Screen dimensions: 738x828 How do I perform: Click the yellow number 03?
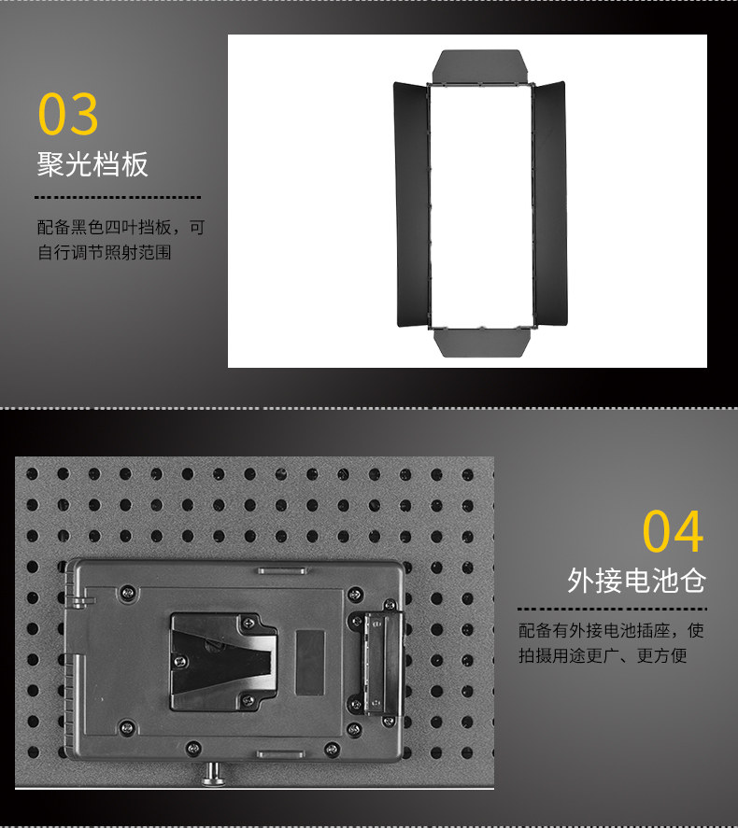pos(68,114)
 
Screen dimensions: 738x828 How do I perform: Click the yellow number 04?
pos(673,531)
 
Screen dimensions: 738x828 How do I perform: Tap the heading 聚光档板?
pos(92,164)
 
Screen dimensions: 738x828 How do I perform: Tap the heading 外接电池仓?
pos(636,581)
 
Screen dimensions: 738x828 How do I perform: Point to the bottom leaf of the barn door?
pos(482,343)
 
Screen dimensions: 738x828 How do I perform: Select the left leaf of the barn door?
pos(412,204)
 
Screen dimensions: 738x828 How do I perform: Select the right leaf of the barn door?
pos(549,203)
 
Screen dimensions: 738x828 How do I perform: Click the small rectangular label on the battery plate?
pos(309,662)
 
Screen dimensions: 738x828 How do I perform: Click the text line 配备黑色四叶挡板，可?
pos(121,228)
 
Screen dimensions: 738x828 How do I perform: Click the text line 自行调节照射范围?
pos(104,252)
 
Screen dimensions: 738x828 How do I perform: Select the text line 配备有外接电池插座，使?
pos(611,630)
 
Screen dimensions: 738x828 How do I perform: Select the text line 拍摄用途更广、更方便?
pos(603,656)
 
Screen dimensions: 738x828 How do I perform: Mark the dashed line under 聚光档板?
pos(118,198)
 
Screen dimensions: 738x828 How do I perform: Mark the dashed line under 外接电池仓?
pos(612,609)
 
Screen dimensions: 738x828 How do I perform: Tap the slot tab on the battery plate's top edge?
pos(282,571)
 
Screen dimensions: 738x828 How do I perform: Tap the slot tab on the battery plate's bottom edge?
pos(280,754)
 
